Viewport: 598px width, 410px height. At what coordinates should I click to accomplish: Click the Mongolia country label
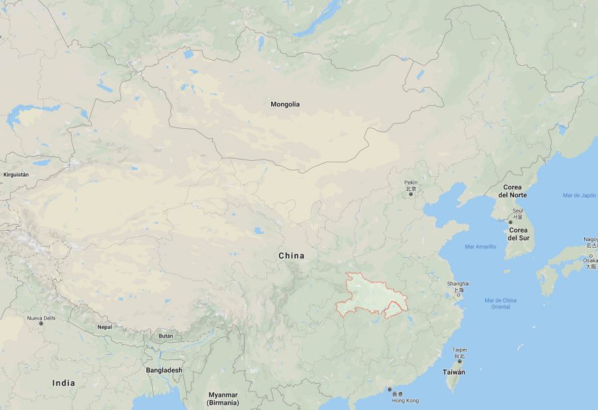click(285, 104)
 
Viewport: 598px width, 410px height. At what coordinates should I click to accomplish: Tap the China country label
click(291, 256)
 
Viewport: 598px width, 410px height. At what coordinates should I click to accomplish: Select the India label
click(64, 383)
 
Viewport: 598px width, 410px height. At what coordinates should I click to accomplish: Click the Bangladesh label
click(164, 370)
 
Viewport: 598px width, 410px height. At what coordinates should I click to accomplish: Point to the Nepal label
click(105, 327)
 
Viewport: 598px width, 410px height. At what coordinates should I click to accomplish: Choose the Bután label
click(165, 336)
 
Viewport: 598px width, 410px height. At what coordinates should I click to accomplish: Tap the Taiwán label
click(454, 372)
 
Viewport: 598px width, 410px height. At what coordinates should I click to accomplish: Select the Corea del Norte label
click(515, 191)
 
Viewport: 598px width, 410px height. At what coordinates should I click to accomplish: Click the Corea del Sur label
click(518, 234)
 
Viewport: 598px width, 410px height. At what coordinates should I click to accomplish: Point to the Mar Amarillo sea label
click(480, 247)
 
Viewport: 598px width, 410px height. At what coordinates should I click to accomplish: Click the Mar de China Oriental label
click(500, 304)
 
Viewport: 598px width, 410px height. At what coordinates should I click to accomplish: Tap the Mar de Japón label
click(579, 195)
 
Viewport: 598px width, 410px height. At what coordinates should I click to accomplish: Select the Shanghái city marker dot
click(458, 296)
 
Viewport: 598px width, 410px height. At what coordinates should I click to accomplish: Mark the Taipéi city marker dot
click(459, 362)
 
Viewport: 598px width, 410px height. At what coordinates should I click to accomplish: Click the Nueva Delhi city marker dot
click(41, 324)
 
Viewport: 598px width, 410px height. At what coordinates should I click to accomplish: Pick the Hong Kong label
click(405, 401)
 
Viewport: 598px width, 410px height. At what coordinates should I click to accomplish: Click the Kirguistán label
click(16, 174)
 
